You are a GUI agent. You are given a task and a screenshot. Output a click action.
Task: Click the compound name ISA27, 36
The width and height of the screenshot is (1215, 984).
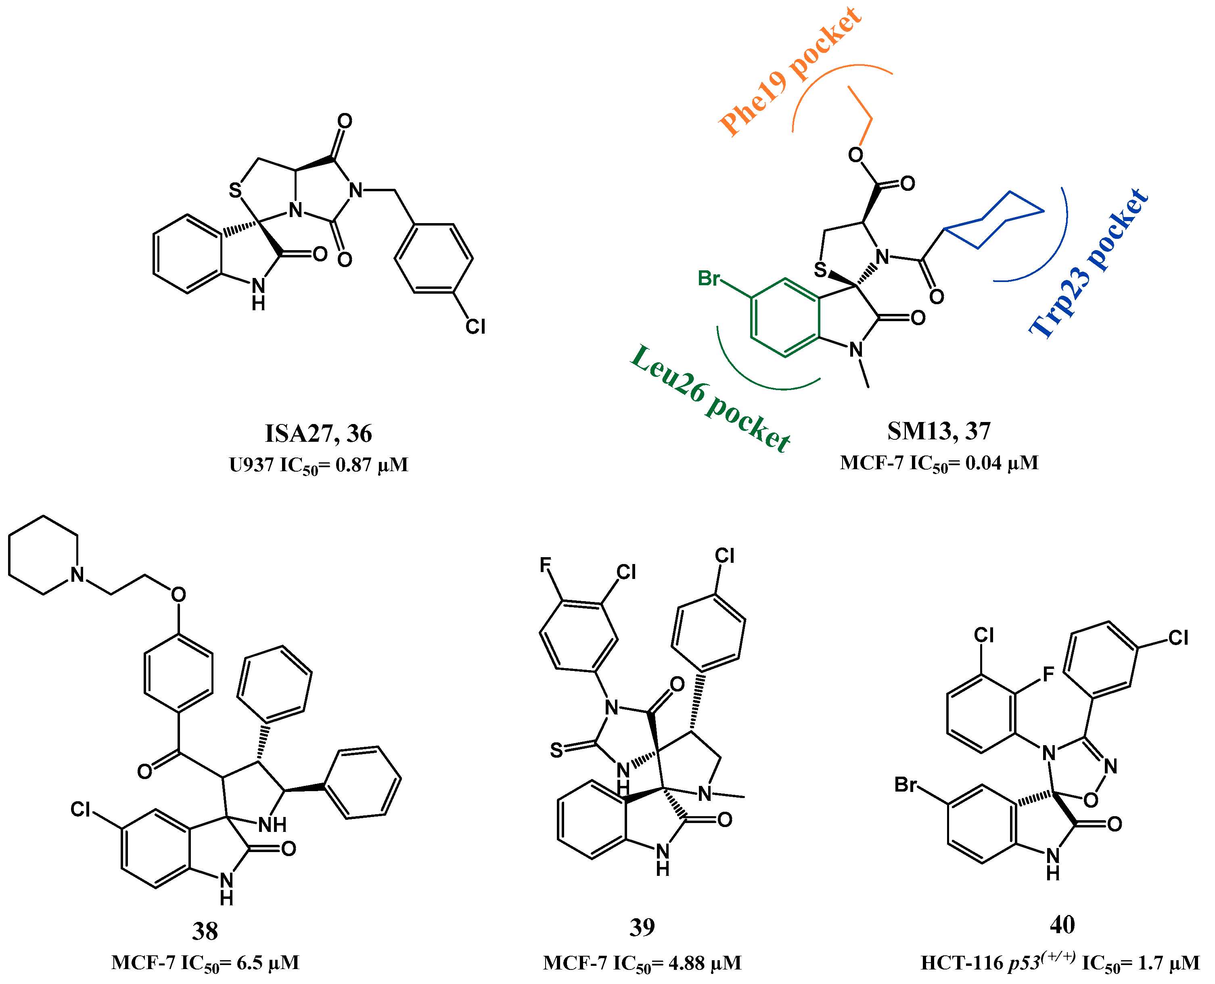coord(318,434)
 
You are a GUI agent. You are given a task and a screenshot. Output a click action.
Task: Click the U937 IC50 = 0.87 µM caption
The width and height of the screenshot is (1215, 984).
coord(318,465)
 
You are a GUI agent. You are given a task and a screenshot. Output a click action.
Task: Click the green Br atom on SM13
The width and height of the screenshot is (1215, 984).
coord(709,278)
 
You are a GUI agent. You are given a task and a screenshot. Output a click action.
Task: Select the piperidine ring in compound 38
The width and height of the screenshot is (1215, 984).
coord(43,556)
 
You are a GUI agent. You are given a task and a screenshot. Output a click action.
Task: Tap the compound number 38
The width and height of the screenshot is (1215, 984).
coord(205,931)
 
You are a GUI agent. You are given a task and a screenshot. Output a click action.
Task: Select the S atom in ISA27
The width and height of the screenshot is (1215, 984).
coord(235,190)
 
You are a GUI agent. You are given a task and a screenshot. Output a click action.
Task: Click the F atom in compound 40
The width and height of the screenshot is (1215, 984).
coord(1048,674)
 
